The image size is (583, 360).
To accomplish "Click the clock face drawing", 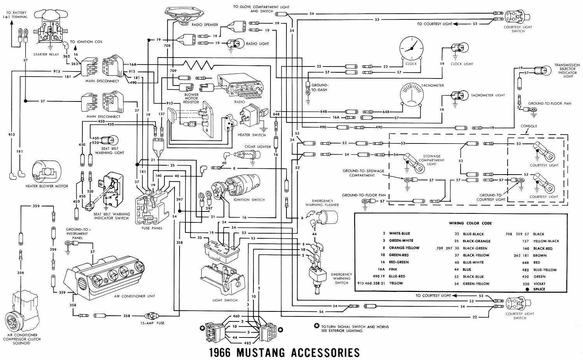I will point(411,48).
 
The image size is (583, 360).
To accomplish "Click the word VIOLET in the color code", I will point(539,284).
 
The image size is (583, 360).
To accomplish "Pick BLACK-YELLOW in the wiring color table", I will point(476,255).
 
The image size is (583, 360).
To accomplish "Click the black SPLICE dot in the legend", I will point(527,289).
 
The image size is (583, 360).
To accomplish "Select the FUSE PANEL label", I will point(152,228).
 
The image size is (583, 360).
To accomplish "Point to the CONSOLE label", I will point(529,126).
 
